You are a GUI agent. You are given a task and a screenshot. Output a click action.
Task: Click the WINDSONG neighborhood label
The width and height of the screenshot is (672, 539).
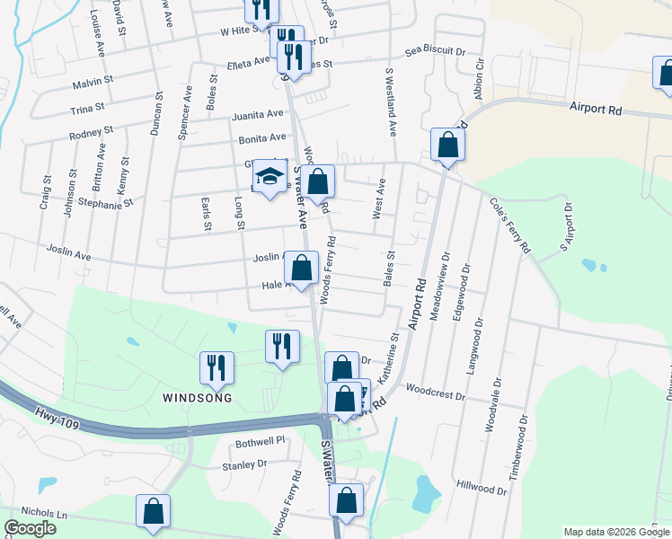pos(197,397)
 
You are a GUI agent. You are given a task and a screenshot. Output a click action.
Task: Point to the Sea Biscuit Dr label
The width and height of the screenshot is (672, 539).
pos(435,52)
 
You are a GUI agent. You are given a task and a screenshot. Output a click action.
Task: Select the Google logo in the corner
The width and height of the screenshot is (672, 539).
pos(30,528)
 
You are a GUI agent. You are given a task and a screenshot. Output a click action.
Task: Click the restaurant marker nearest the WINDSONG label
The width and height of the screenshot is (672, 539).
pos(217,366)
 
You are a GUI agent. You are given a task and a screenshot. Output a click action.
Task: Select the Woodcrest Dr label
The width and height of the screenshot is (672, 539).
pos(435,394)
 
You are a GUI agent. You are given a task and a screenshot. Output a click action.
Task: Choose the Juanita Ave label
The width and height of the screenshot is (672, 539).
pos(257,115)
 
